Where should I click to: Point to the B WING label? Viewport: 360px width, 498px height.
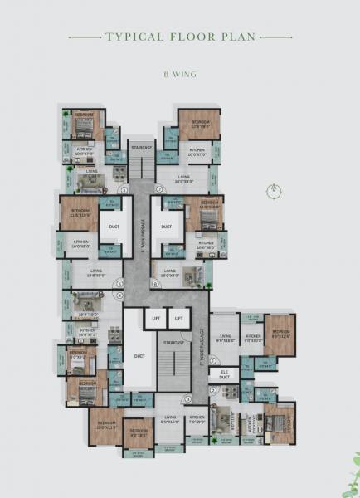point(179,73)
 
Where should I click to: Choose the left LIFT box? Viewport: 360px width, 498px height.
point(155,317)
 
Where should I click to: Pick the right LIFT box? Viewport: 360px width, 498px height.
point(178,317)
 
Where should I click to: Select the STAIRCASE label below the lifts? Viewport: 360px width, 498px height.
point(173,342)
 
